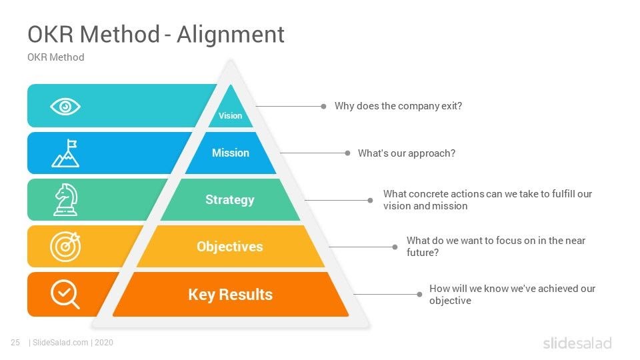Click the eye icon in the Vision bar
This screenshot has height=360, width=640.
[x=65, y=106]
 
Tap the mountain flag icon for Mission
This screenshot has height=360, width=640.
[x=65, y=153]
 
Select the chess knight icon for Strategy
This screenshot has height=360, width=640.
[x=65, y=199]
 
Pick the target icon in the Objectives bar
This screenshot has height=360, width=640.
[x=65, y=246]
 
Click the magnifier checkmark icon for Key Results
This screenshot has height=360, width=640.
[x=65, y=294]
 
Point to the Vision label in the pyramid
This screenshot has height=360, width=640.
[x=231, y=115]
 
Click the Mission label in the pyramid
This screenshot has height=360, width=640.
[x=231, y=153]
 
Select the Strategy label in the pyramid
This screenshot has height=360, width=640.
[x=230, y=199]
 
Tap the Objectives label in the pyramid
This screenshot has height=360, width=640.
[x=230, y=247]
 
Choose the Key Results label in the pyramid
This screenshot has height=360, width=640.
[x=231, y=295]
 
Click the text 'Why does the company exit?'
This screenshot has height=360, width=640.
[x=398, y=106]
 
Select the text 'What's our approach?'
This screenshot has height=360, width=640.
[x=407, y=153]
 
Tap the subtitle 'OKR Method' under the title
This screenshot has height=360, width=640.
[x=56, y=57]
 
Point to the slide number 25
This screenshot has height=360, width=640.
[x=15, y=343]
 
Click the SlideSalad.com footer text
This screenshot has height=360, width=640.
[x=60, y=343]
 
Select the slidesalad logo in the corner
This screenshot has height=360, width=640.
[x=577, y=343]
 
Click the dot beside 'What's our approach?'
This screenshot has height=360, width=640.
[x=347, y=153]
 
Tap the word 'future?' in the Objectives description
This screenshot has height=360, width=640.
[x=423, y=253]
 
